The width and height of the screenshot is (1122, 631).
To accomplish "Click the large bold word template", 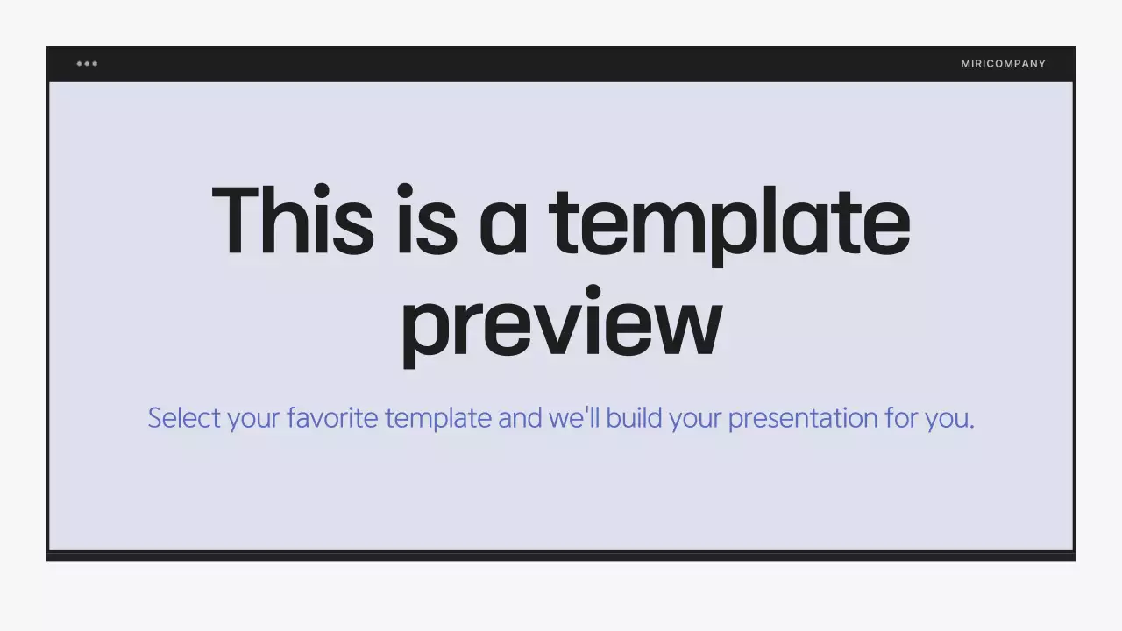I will click(729, 223).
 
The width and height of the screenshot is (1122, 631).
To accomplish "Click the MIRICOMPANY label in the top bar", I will click(1003, 63).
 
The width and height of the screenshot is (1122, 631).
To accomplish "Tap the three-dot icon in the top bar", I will click(87, 63).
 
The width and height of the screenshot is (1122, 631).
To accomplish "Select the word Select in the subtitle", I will click(184, 417).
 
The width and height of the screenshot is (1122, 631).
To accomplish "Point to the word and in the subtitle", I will click(520, 417).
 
